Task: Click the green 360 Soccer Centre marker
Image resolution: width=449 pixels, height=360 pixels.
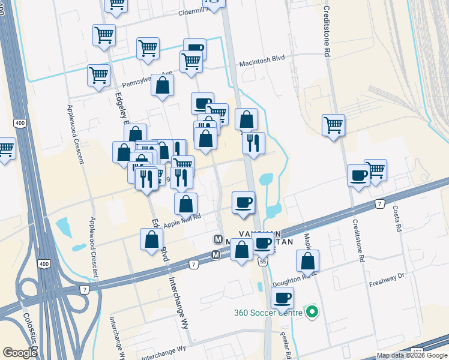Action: click(x=312, y=312)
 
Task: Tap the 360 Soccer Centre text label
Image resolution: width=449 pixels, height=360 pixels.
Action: click(x=268, y=313)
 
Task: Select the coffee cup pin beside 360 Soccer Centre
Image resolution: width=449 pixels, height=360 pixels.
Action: click(x=282, y=298)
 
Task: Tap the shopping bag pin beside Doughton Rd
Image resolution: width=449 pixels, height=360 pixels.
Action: click(x=307, y=261)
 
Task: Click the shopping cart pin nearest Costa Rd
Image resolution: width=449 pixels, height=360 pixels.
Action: click(x=375, y=170)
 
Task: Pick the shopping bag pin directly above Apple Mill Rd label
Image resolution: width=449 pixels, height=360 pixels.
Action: click(x=186, y=204)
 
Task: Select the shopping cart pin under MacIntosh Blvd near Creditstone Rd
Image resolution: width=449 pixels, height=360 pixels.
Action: click(x=333, y=125)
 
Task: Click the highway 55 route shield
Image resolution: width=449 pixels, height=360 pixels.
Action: click(x=263, y=261)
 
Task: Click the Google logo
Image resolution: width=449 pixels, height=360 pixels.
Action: click(x=20, y=353)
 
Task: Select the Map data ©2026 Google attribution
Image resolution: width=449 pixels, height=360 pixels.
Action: click(x=412, y=355)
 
